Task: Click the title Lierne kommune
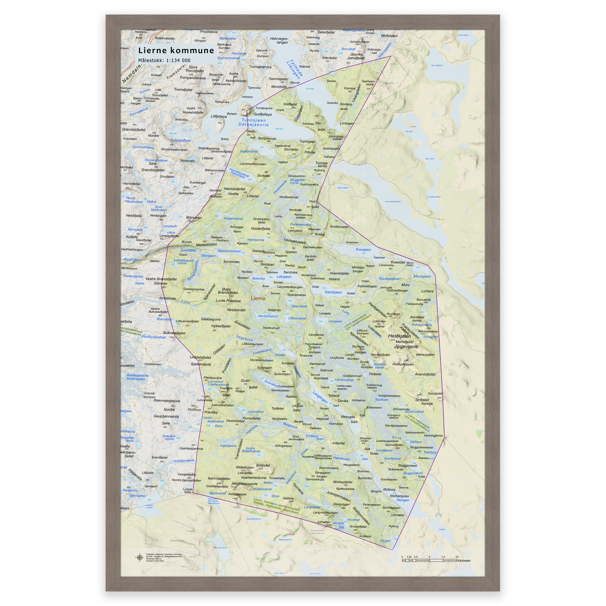[x=176, y=51]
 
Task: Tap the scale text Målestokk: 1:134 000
[x=164, y=61]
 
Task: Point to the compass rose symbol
[x=139, y=557]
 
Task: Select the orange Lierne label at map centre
[x=258, y=298]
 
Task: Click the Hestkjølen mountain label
[x=399, y=336]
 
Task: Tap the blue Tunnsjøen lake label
[x=254, y=120]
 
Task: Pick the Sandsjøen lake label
[x=333, y=292]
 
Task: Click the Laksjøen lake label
[x=284, y=277]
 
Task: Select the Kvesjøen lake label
[x=363, y=250]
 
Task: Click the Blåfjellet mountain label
[x=263, y=465]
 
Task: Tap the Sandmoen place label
[x=231, y=262]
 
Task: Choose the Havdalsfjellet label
[x=234, y=189]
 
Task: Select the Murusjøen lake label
[x=422, y=276]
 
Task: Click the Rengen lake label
[x=403, y=500]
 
